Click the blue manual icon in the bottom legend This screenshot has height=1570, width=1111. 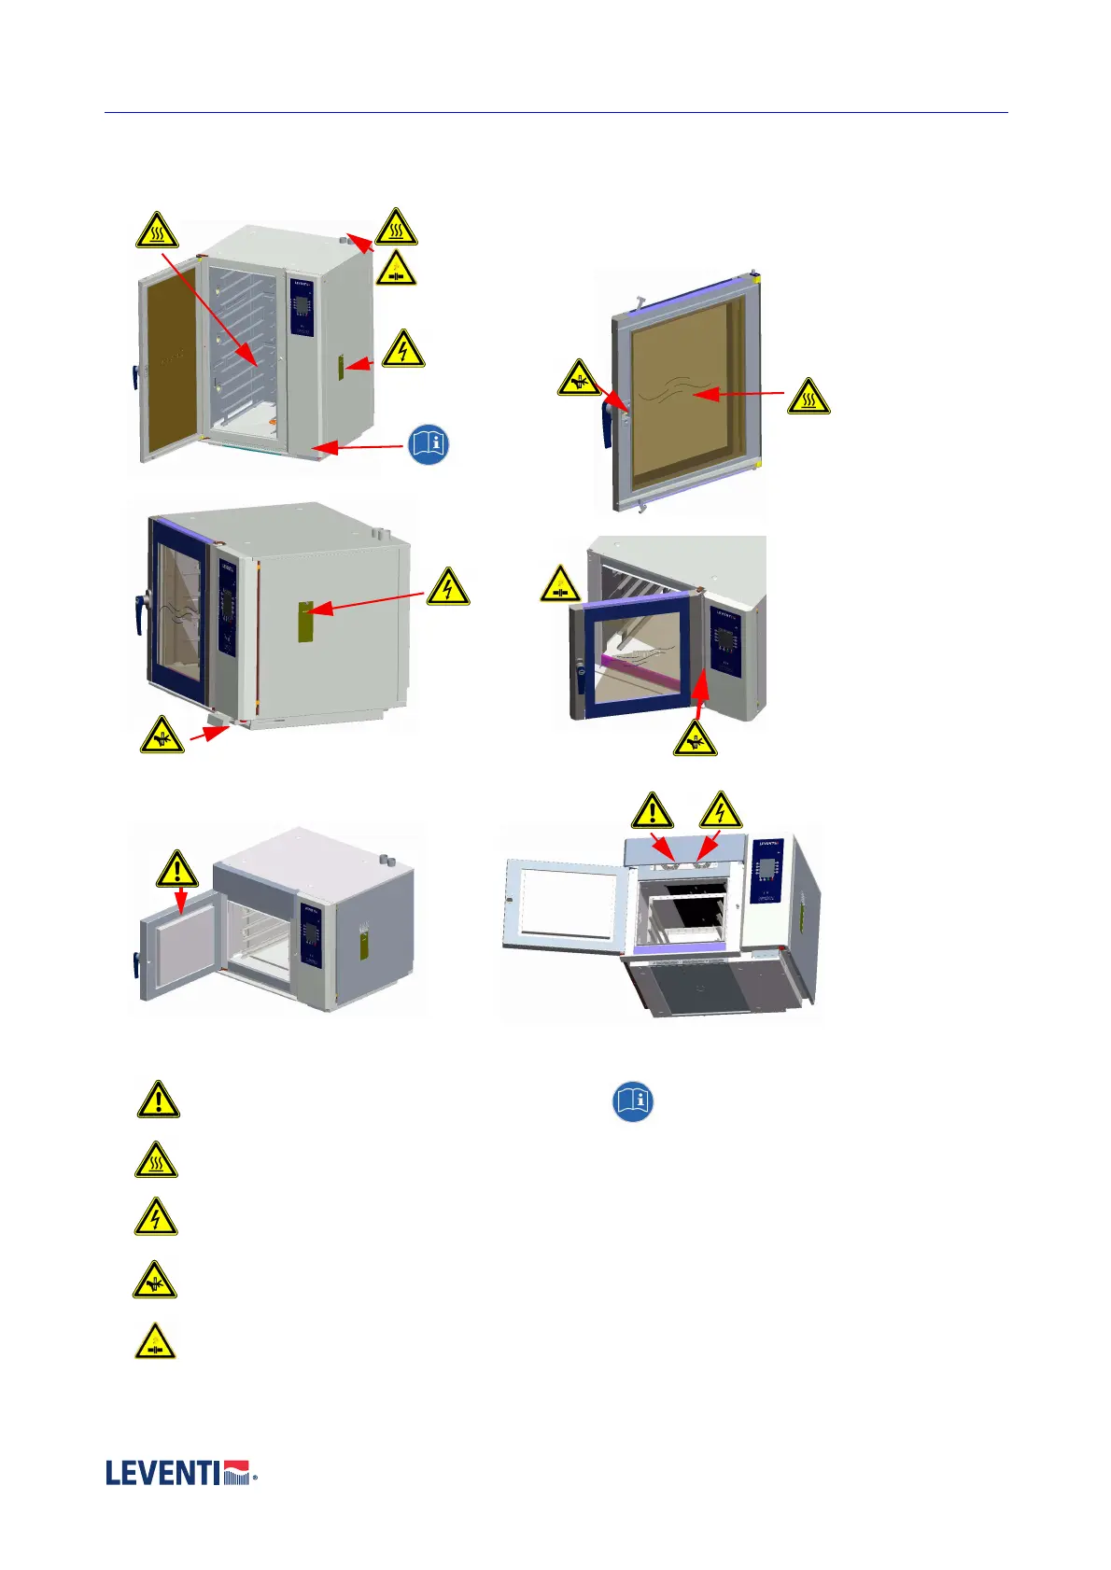(x=632, y=1101)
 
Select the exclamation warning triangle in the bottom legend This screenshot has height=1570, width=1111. (x=159, y=1100)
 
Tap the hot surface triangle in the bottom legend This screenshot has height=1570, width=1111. (x=156, y=1160)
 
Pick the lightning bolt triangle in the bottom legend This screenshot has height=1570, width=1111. (x=156, y=1218)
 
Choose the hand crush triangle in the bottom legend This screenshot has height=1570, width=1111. (x=155, y=1282)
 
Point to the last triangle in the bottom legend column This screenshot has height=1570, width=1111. (x=155, y=1341)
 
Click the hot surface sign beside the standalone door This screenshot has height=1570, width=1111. (x=809, y=398)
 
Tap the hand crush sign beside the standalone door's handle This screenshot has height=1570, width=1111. (x=580, y=378)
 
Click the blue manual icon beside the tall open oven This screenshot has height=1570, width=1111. (x=429, y=444)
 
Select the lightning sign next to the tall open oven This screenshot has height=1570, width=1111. (x=402, y=349)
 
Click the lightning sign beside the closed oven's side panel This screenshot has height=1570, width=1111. (x=448, y=587)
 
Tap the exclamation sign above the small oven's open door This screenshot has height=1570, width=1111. (x=176, y=869)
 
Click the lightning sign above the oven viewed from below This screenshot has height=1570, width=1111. (x=720, y=811)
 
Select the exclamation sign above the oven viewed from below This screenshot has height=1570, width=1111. (x=652, y=811)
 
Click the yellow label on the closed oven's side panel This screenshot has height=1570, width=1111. (x=304, y=622)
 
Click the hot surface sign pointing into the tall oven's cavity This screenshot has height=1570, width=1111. (x=157, y=231)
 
